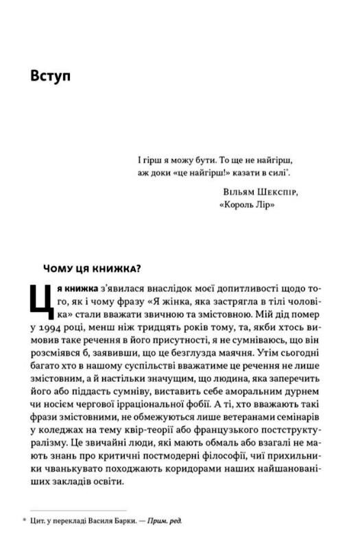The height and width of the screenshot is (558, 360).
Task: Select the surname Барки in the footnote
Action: (114, 521)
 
